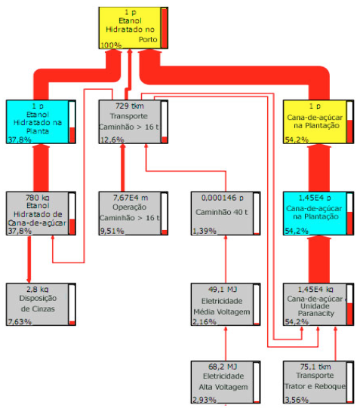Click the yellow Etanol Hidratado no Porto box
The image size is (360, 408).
[134, 28]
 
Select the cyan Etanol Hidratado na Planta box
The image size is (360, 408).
[41, 121]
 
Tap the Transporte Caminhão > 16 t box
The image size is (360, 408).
[134, 121]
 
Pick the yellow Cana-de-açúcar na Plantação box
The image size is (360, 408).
[318, 121]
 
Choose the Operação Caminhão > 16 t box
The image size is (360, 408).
[134, 213]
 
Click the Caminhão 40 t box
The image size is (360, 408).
[226, 213]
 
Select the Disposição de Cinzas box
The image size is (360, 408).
[41, 305]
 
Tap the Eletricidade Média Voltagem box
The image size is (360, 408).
[226, 305]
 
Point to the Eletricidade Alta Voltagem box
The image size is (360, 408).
[226, 382]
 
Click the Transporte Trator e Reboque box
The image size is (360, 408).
[318, 382]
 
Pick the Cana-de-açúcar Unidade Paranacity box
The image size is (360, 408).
[318, 305]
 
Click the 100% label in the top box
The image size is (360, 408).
[111, 45]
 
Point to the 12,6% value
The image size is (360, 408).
[112, 140]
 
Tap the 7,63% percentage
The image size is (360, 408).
[20, 322]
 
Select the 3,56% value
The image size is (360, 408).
[297, 400]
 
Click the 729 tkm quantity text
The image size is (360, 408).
[130, 106]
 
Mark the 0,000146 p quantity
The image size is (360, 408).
[223, 198]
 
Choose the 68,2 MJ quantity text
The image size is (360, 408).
[223, 367]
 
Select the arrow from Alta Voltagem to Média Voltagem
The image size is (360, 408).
[226, 343]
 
